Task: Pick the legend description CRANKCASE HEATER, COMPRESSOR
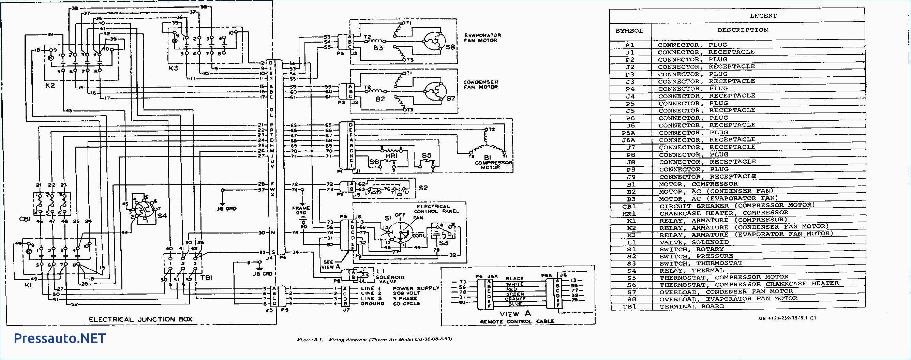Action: [723, 213]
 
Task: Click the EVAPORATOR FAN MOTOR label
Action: [482, 38]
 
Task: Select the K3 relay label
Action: [173, 68]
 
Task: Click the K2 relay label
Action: [50, 85]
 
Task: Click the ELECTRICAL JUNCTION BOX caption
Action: [140, 319]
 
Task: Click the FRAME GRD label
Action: [301, 211]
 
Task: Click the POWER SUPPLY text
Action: [416, 288]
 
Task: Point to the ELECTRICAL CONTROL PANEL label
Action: [438, 209]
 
